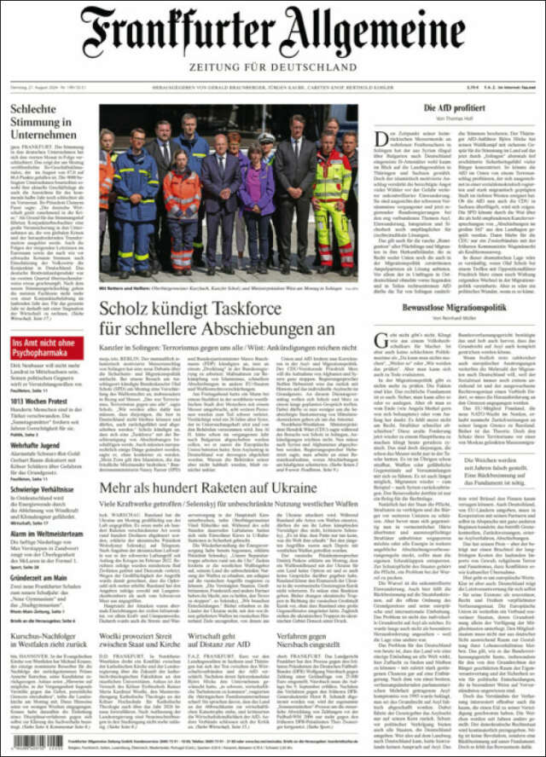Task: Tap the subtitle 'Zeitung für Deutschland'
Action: (273, 66)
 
